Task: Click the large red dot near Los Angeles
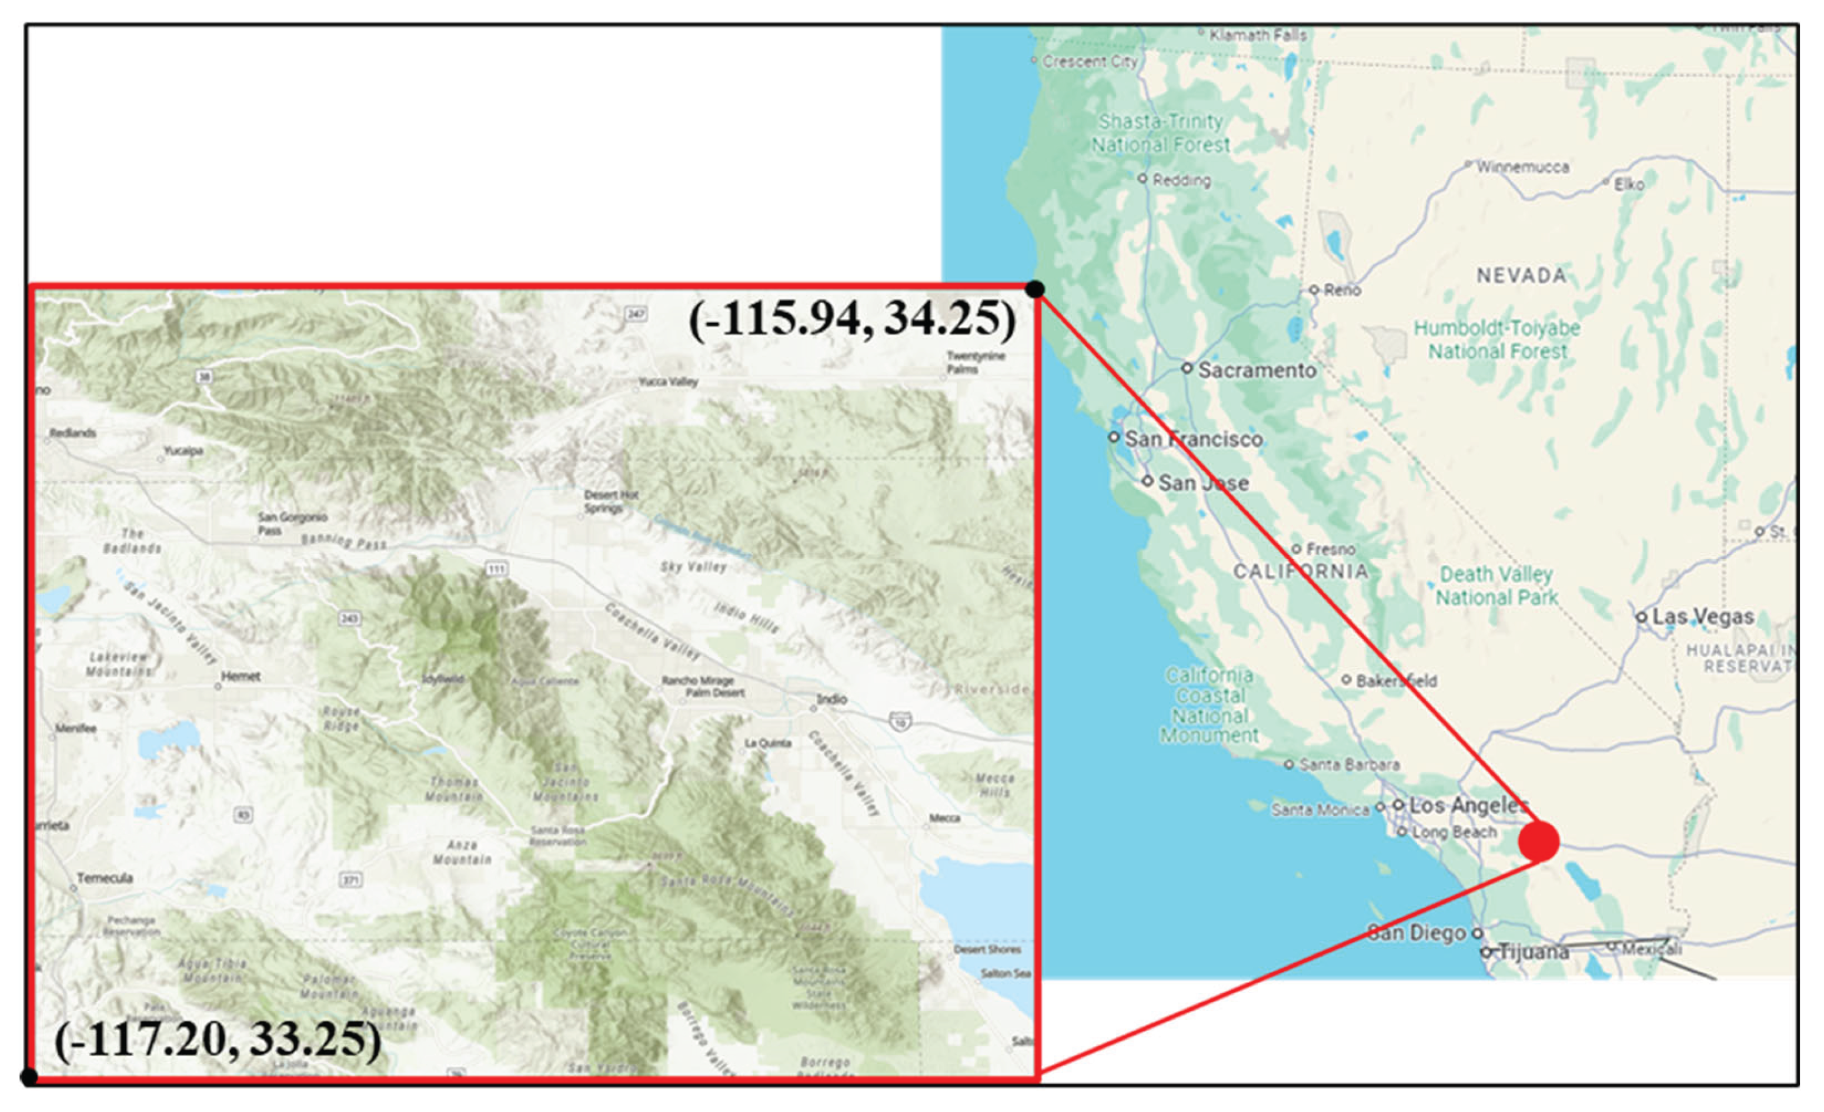pos(1538,841)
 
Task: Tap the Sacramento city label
pos(1256,369)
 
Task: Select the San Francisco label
pos(1193,439)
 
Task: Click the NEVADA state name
pos(1521,275)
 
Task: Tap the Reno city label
pos(1342,290)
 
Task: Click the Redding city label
pos(1181,180)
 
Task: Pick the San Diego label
pos(1416,933)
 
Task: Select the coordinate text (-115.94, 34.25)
pos(852,319)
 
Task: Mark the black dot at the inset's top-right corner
pos(1035,289)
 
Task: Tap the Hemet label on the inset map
pos(240,676)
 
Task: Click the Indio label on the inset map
pos(831,699)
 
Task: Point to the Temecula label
pos(105,878)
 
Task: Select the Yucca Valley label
pos(669,382)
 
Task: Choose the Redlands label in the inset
pos(72,433)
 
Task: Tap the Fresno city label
pos(1330,549)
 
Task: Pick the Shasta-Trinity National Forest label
pos(1160,133)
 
